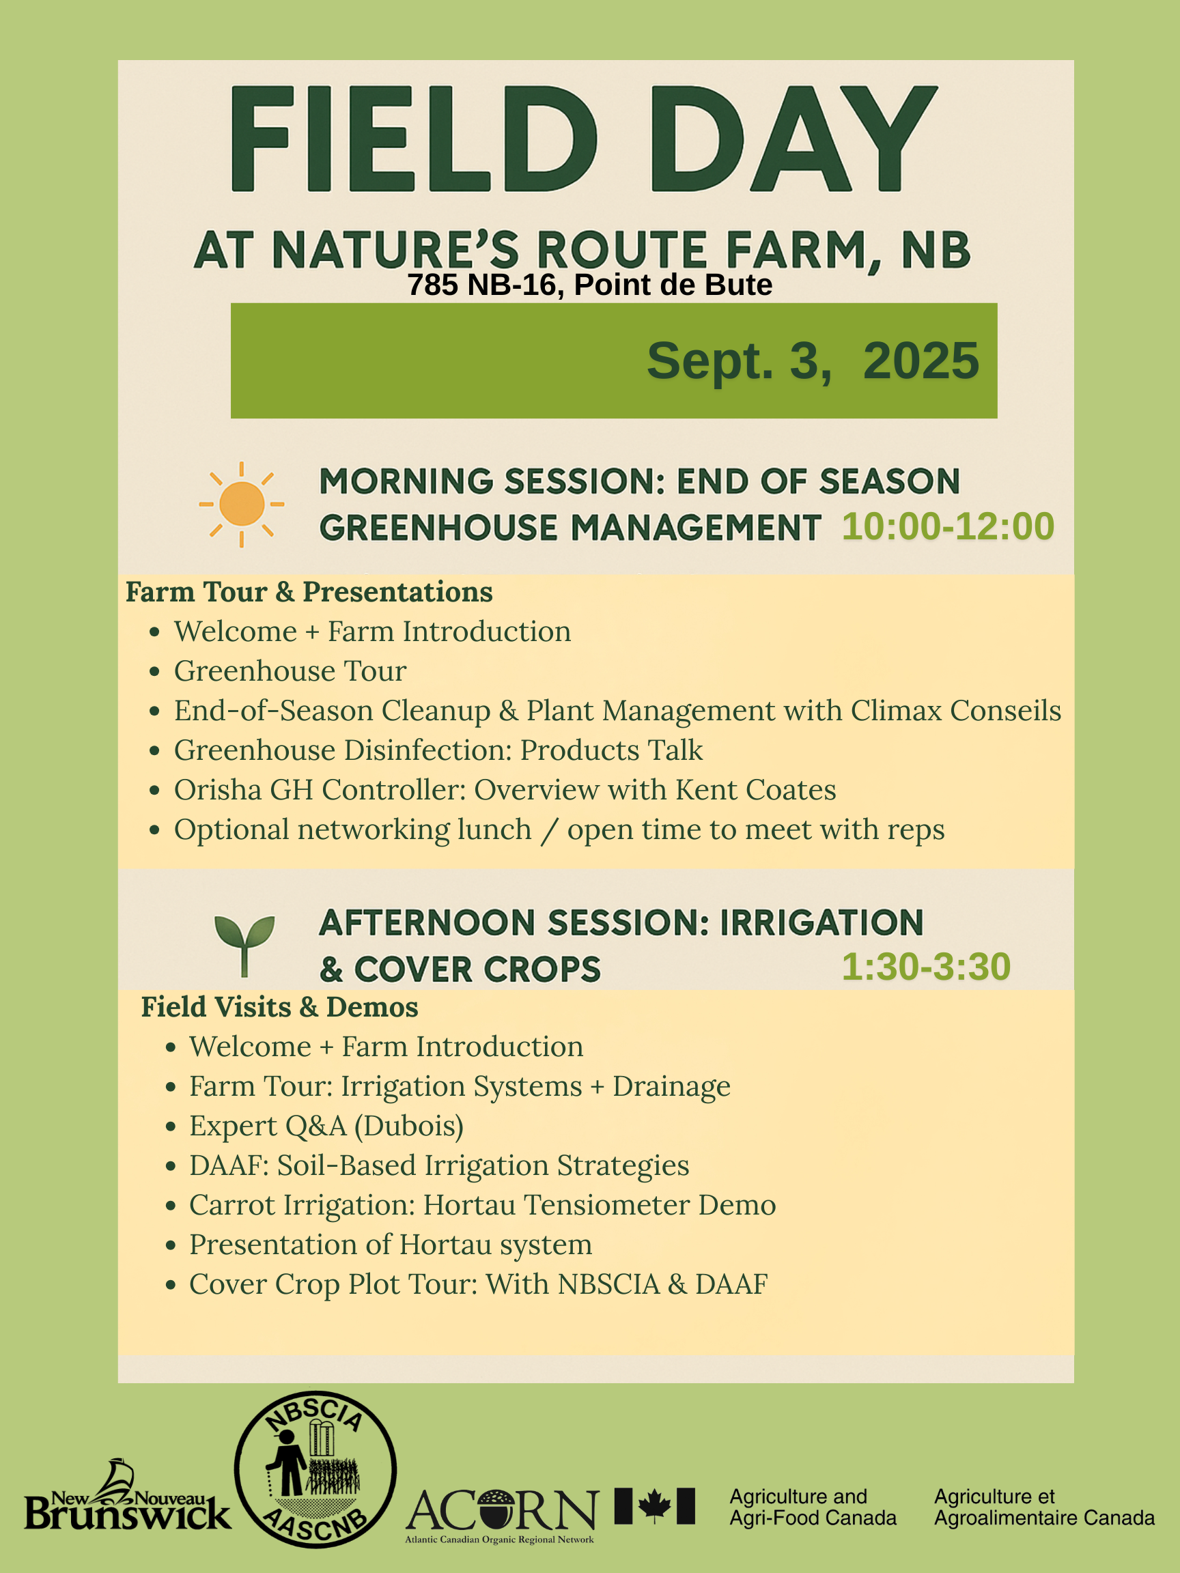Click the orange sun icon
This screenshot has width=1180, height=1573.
tap(242, 503)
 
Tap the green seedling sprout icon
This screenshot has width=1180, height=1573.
tap(244, 944)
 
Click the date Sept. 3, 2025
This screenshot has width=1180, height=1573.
tap(812, 360)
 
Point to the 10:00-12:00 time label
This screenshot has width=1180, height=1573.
tap(947, 526)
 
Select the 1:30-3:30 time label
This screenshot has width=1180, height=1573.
tap(925, 967)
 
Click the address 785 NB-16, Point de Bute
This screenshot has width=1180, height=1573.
tap(589, 285)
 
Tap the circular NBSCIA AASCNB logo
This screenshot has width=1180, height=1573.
tap(315, 1469)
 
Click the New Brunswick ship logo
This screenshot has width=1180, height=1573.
tap(127, 1497)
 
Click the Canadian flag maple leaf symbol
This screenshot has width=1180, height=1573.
tap(654, 1505)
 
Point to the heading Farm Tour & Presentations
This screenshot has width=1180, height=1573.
tap(309, 592)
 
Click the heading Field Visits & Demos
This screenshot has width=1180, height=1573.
tap(279, 1007)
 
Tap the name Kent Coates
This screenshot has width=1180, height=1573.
tap(755, 790)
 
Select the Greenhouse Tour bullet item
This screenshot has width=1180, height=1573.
tap(290, 671)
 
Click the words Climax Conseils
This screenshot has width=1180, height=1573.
tap(955, 711)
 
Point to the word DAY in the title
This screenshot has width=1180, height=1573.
tap(793, 140)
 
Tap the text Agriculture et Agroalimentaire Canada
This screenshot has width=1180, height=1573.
tap(1043, 1507)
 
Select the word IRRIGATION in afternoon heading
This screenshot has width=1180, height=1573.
tap(821, 923)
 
